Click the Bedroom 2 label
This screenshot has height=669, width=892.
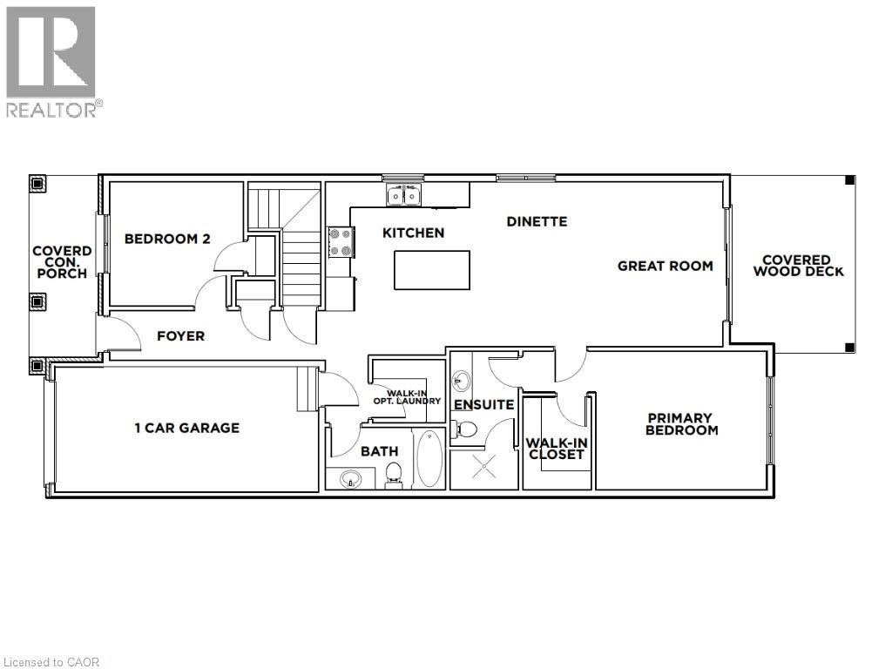click(x=167, y=239)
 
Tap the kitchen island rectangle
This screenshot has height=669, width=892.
click(x=432, y=270)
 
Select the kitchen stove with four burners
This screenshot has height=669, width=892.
click(x=341, y=242)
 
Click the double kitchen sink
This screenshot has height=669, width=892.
click(x=404, y=195)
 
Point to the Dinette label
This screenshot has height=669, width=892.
click(x=537, y=221)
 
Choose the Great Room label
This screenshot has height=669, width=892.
click(x=665, y=266)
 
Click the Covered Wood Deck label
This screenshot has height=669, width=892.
click(x=798, y=266)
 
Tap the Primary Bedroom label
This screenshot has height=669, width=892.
click(x=681, y=424)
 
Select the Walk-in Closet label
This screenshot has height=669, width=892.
click(x=557, y=449)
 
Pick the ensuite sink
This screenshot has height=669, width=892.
click(x=462, y=381)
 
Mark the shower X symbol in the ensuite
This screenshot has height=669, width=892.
click(x=484, y=468)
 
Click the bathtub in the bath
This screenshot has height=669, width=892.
click(x=430, y=458)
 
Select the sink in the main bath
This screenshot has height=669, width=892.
click(x=351, y=479)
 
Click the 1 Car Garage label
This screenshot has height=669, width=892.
click(x=187, y=428)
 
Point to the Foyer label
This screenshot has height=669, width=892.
click(x=181, y=336)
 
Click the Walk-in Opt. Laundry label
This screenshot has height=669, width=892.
click(x=408, y=397)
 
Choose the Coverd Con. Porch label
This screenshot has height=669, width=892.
click(x=62, y=262)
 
